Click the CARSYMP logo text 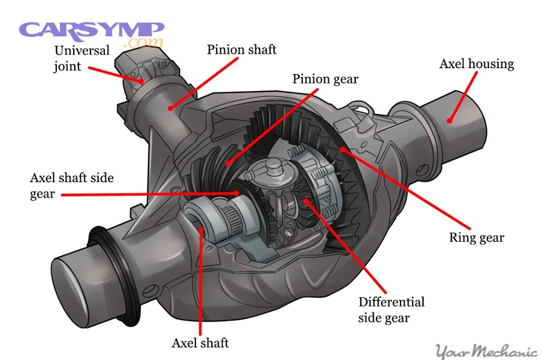(x=91, y=30)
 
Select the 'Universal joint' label (x=82, y=58)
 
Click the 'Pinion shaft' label (x=241, y=49)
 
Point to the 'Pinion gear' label (x=325, y=79)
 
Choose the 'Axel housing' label (x=476, y=64)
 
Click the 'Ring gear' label (x=476, y=237)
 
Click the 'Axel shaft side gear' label (x=72, y=186)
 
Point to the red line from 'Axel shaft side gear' (x=151, y=194)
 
